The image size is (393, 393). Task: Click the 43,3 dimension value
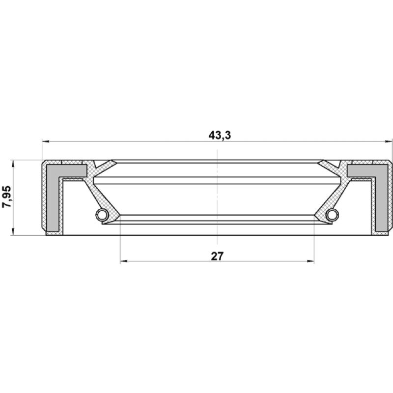point(220,136)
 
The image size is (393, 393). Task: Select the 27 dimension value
point(217,256)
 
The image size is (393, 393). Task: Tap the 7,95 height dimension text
point(7,197)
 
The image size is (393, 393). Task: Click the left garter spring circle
point(102,215)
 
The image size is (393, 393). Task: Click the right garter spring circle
point(333,215)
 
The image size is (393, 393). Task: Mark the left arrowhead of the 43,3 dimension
point(46,141)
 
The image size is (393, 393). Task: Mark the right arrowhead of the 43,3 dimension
point(388,141)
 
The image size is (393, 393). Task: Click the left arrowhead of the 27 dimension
point(124,261)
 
